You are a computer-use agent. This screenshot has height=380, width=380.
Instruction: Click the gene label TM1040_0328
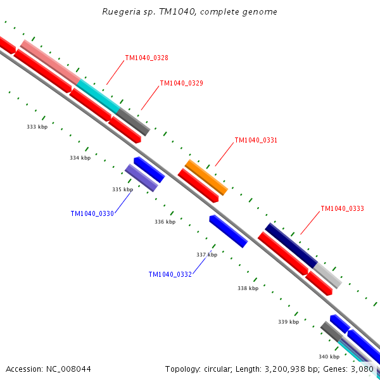click(146, 58)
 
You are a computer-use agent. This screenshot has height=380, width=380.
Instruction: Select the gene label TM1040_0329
click(181, 83)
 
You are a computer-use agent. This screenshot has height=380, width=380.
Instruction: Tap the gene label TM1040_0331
click(256, 140)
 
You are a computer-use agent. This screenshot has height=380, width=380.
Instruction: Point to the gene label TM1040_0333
click(342, 208)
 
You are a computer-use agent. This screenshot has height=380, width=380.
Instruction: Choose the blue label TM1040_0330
click(92, 213)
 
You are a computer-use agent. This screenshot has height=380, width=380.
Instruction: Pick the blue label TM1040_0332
click(170, 274)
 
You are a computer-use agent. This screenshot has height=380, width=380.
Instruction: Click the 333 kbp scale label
click(37, 127)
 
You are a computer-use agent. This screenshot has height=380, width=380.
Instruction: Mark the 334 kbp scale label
click(80, 158)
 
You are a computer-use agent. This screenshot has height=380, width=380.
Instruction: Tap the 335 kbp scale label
click(122, 189)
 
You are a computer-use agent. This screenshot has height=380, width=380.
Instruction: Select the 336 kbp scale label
click(165, 222)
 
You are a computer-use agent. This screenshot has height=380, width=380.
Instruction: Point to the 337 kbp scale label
click(206, 255)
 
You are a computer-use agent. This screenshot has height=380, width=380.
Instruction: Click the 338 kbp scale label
click(248, 288)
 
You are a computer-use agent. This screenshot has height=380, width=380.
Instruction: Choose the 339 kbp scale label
click(288, 322)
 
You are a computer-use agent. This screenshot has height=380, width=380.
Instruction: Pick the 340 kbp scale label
click(329, 357)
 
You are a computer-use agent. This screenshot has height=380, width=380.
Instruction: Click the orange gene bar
click(206, 177)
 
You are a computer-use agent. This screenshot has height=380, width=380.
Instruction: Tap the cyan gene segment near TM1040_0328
click(98, 96)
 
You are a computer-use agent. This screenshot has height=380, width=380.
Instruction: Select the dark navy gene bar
click(291, 245)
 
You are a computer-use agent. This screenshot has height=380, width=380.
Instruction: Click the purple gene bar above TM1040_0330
click(141, 178)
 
